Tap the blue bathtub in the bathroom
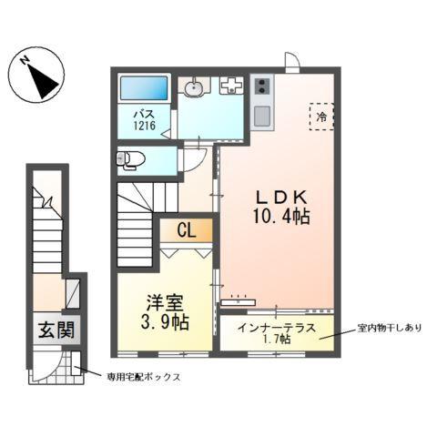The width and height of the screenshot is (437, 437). tap(145, 89)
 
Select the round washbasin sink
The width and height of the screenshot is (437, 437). tap(193, 88)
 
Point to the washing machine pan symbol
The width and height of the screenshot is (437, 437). tap(231, 87)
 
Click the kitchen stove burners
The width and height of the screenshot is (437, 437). tap(263, 87)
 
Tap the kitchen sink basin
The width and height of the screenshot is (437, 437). tap(262, 117)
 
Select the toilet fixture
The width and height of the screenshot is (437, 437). tap(130, 160)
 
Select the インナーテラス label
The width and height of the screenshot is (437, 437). tap(273, 325)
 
